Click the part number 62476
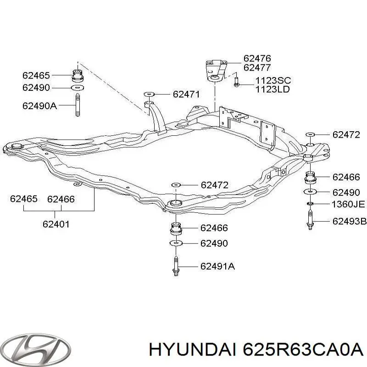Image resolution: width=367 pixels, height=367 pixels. point(257,58)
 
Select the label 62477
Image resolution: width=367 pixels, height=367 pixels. point(257,67)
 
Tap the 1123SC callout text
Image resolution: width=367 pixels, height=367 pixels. point(273,81)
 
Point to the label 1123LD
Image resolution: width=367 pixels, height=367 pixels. point(272,89)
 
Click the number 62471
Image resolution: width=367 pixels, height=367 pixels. point(187,95)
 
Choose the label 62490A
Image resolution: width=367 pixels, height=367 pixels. point(39,106)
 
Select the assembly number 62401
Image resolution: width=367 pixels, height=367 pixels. point(56,224)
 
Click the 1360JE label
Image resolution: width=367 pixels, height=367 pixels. point(348,204)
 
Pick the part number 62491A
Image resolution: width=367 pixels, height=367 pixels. point(217,267)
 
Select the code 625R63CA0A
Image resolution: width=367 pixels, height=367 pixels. point(303,351)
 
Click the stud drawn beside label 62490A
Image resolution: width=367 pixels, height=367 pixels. point(78,105)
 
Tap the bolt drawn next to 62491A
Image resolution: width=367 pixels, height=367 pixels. point(176,266)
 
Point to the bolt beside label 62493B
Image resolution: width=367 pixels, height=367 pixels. point(310,220)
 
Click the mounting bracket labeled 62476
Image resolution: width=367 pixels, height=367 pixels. point(216,71)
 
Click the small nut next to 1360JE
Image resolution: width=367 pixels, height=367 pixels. point(310,204)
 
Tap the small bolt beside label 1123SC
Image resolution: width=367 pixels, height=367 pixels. point(236,82)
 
